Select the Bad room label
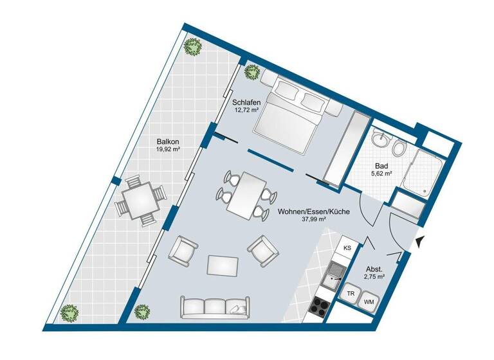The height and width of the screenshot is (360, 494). pyautogui.click(x=381, y=165)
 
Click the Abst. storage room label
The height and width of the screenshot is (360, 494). pyautogui.click(x=374, y=269)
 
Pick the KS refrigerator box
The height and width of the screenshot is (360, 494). pyautogui.click(x=347, y=248)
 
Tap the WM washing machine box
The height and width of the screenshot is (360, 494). pyautogui.click(x=370, y=300)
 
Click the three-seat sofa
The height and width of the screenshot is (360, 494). pyautogui.click(x=215, y=308)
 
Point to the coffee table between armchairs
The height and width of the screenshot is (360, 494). pyautogui.click(x=223, y=264)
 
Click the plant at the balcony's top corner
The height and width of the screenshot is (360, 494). pyautogui.click(x=192, y=47)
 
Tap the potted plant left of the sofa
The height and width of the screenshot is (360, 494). pyautogui.click(x=142, y=312)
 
